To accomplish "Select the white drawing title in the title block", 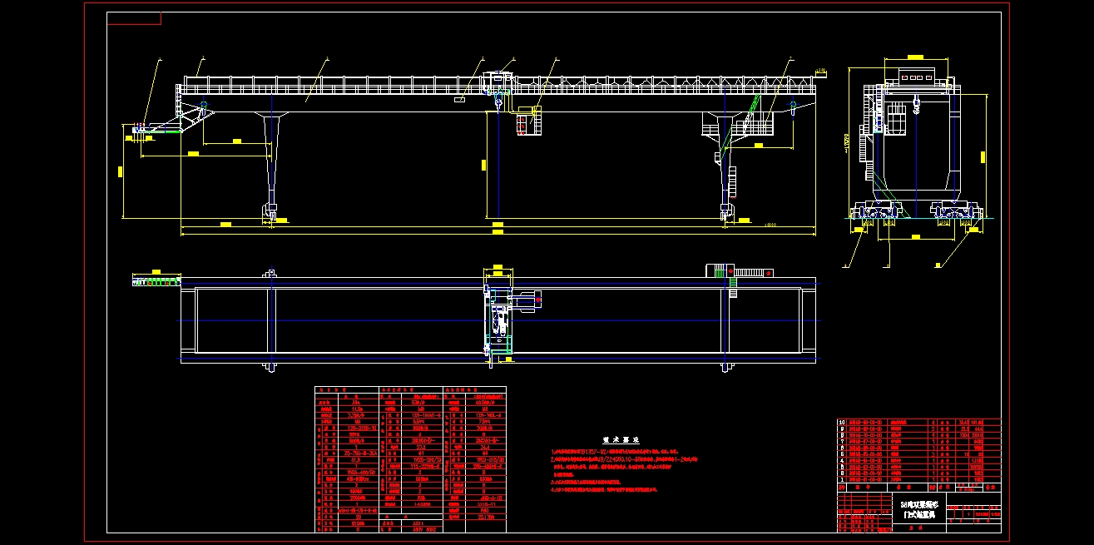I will (x=919, y=510).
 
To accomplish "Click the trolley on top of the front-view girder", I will (x=497, y=80).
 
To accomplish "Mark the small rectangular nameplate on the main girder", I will (x=459, y=99).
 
